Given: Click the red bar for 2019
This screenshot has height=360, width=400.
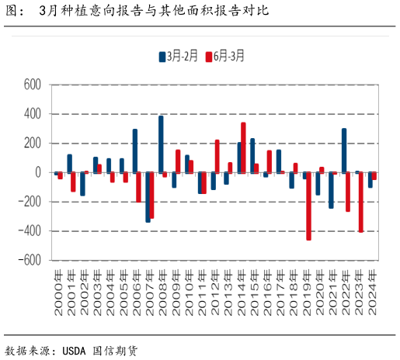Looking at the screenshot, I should pos(308,206).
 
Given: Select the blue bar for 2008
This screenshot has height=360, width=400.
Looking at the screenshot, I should pos(161,144).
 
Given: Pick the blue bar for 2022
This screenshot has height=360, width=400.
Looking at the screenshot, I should pos(344,151).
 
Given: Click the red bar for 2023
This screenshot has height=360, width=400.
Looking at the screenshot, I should pos(361,202).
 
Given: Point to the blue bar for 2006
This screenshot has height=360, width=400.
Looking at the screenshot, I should pos(134,151).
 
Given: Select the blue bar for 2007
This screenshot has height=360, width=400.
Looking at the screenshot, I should pos(148,197).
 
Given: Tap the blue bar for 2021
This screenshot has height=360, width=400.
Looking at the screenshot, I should pos(331,190).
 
